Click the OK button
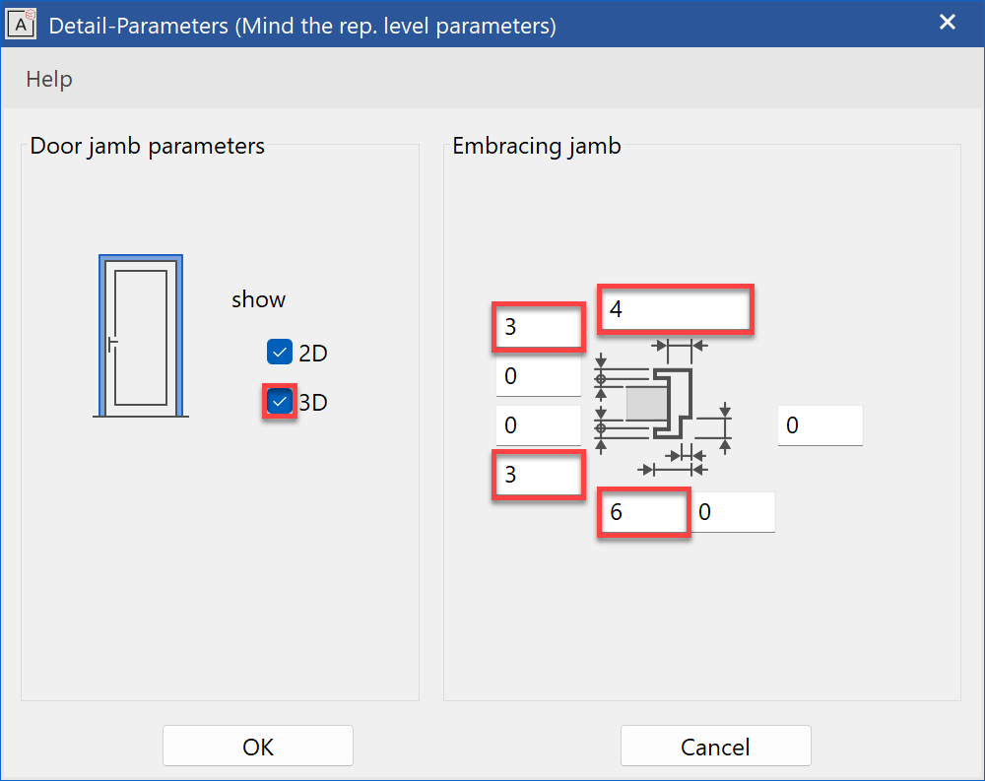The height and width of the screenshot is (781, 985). (x=257, y=747)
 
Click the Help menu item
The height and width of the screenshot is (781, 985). (x=49, y=79)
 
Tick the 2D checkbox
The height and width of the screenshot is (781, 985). (x=280, y=352)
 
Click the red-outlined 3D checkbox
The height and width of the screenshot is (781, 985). (x=280, y=401)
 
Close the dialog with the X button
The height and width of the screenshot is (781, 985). (x=948, y=23)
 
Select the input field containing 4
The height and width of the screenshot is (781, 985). (x=676, y=309)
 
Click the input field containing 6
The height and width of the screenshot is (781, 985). (x=642, y=513)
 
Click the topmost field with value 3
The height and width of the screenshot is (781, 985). (x=538, y=327)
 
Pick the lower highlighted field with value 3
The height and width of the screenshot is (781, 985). (x=538, y=475)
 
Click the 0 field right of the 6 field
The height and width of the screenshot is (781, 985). (x=734, y=513)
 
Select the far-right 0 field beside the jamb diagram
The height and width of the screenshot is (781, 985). (x=820, y=425)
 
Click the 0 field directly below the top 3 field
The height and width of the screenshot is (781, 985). (x=538, y=376)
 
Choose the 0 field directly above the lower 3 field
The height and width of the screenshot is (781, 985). (x=538, y=425)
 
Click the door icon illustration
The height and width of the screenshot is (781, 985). (x=141, y=336)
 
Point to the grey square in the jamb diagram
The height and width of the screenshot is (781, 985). (x=646, y=403)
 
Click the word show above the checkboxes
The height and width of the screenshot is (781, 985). (x=258, y=299)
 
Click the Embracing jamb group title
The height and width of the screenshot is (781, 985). (x=537, y=147)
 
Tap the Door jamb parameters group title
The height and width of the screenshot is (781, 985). (x=148, y=147)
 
